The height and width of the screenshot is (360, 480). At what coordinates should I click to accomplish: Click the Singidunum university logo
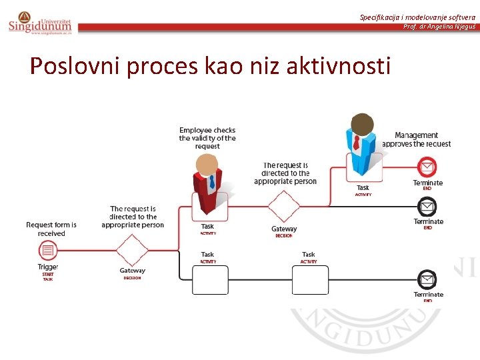(39, 23)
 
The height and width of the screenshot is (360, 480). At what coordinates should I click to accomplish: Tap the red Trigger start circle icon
(47, 251)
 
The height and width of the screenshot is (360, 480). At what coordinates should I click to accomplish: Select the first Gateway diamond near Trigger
(132, 250)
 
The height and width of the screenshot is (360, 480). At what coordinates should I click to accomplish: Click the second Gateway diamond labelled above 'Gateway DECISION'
(284, 207)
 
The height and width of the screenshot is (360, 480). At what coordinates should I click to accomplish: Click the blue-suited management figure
(362, 147)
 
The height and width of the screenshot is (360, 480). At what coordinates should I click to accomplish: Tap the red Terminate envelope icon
(427, 166)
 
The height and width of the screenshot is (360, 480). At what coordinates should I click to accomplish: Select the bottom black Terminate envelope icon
(427, 279)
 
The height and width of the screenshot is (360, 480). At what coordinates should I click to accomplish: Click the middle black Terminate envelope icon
(427, 207)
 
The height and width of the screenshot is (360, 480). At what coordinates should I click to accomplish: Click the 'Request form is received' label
(51, 229)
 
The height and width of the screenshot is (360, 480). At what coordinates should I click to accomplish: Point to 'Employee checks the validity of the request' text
(207, 138)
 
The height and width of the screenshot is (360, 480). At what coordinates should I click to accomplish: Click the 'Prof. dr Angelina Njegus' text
(439, 26)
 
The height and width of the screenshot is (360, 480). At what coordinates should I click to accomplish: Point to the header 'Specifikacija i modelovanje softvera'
(417, 17)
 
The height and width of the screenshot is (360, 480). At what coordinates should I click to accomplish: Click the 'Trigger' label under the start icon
(48, 267)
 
